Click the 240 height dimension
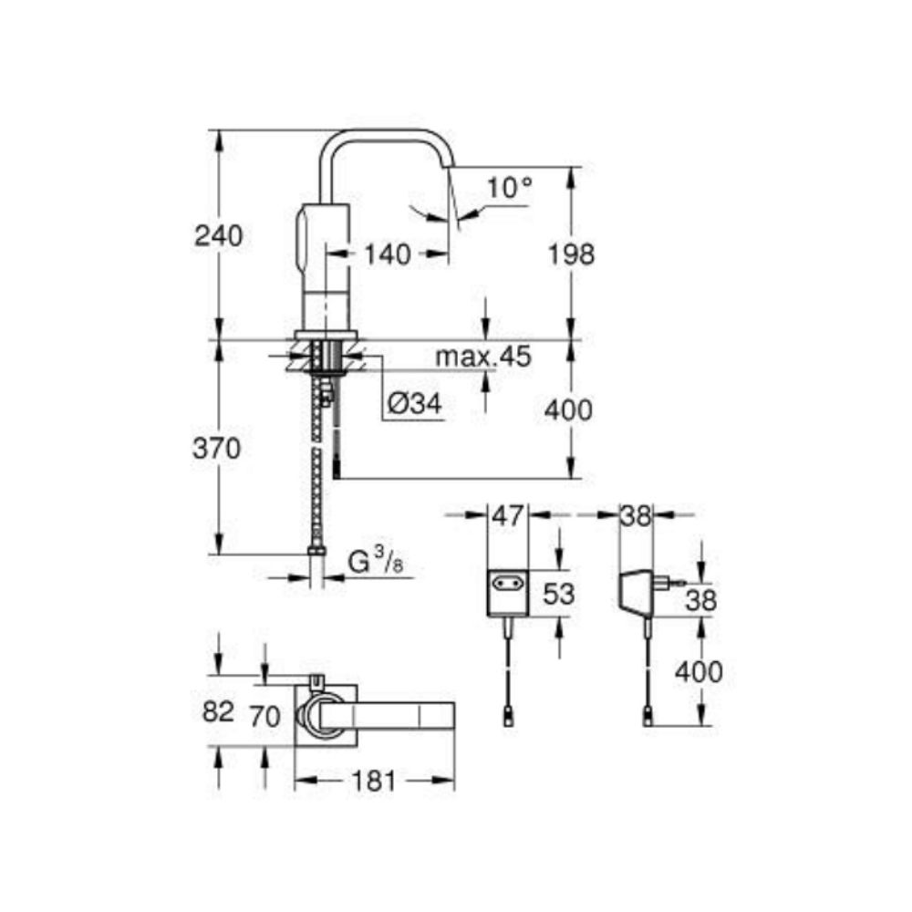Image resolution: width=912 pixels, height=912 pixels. point(218,237)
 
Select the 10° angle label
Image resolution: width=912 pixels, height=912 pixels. point(510,187)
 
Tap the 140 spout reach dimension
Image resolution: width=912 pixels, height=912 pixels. point(388,254)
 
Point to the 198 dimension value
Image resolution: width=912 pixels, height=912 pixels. point(571,254)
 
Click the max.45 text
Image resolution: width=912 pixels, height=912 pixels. point(483,356)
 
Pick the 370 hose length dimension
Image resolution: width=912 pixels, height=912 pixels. point(216,449)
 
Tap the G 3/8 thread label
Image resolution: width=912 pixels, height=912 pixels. point(375,562)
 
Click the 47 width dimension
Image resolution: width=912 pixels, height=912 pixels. point(508,515)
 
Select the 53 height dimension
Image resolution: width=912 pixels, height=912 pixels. point(558,594)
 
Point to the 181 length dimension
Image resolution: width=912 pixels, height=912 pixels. point(373,782)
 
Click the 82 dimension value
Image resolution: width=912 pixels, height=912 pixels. point(218,711)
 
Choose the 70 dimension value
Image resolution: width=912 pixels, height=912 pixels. point(264,716)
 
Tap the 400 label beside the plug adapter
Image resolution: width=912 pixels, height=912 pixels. point(699,672)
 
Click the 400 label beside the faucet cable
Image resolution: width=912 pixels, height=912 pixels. point(568,410)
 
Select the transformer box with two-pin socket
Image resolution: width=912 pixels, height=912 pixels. point(508,594)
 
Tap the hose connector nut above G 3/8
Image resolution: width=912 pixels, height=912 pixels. point(316,550)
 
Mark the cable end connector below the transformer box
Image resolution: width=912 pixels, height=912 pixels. point(508,719)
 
